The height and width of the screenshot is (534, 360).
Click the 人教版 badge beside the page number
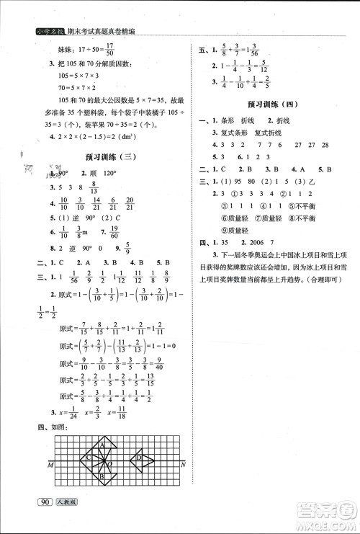68,522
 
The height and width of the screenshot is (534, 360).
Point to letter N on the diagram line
185,463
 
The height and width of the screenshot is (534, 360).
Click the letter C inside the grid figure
88,456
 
